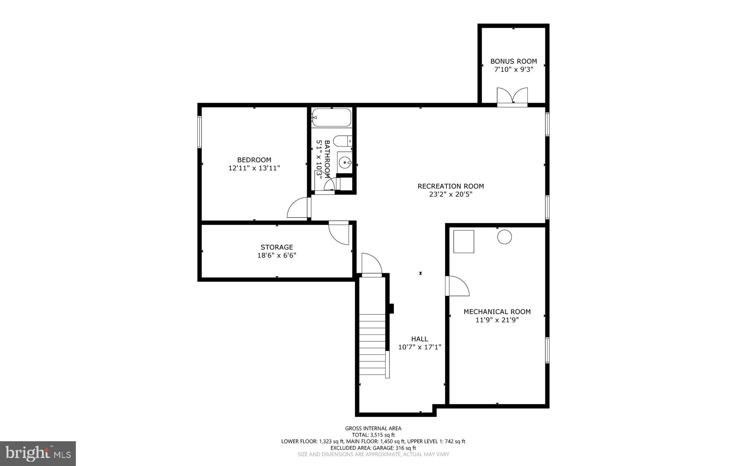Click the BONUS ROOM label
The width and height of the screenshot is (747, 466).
[514, 61]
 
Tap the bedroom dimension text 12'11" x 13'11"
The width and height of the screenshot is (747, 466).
[254, 168]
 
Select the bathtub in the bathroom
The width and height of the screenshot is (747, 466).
[331, 118]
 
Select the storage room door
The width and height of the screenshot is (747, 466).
[339, 233]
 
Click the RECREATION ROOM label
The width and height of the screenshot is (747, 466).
[450, 186]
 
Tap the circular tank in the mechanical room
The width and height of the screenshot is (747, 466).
[504, 237]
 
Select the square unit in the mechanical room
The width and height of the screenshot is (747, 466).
[464, 242]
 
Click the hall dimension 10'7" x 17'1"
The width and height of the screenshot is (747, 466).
[419, 347]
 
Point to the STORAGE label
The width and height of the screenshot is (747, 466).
[276, 247]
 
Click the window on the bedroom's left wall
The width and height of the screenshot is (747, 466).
[200, 132]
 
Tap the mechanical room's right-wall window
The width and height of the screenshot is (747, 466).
[547, 350]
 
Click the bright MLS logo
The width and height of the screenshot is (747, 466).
[38, 453]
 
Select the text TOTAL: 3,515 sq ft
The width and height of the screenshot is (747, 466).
[373, 435]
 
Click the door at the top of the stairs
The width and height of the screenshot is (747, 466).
[371, 265]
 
